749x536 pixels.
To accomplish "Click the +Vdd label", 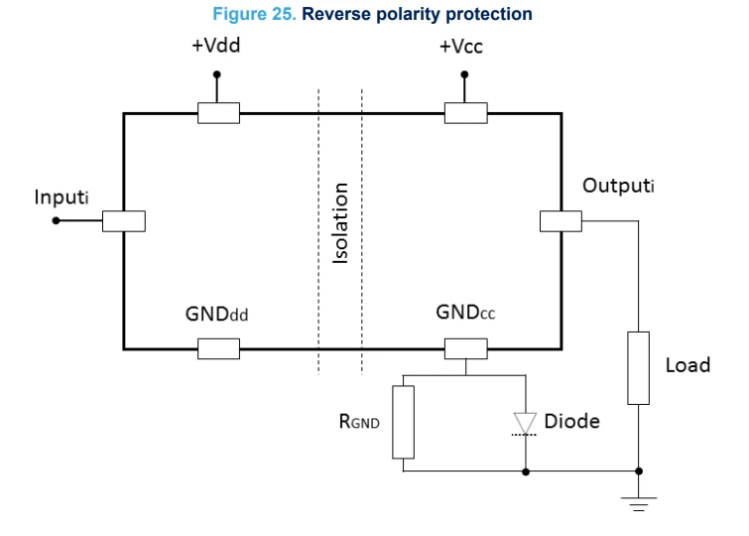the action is [x=216, y=46].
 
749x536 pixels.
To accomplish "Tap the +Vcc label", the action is [x=461, y=47].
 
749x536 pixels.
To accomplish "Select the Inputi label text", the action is [x=62, y=197].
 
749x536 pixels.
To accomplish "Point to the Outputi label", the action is [x=618, y=186].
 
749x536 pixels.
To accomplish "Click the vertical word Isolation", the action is [x=340, y=222].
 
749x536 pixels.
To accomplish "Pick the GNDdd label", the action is [x=216, y=314].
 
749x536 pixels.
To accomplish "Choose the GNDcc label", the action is [x=465, y=313].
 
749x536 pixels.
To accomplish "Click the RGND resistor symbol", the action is [x=403, y=422].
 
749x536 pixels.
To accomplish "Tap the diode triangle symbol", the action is [x=525, y=424].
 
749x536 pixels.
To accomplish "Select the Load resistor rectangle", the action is [x=638, y=368].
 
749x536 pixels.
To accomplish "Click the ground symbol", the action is [x=639, y=504].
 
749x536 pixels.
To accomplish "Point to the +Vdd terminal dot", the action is [x=217, y=74].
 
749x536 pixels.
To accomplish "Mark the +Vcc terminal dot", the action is [x=464, y=74].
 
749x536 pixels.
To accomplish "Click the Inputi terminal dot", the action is [x=56, y=220].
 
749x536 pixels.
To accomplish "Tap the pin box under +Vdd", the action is [x=219, y=113].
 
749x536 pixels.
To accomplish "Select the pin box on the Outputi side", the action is [x=561, y=221].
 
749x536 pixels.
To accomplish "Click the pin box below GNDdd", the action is [x=219, y=348].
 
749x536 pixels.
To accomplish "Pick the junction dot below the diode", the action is [x=526, y=471].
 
